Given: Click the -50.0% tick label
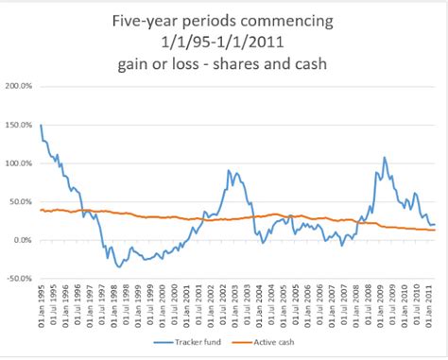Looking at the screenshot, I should (18, 279).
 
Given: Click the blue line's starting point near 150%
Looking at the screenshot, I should (41, 125).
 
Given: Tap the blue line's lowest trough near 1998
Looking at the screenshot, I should (119, 267).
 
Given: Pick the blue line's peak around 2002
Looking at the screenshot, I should (229, 170).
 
